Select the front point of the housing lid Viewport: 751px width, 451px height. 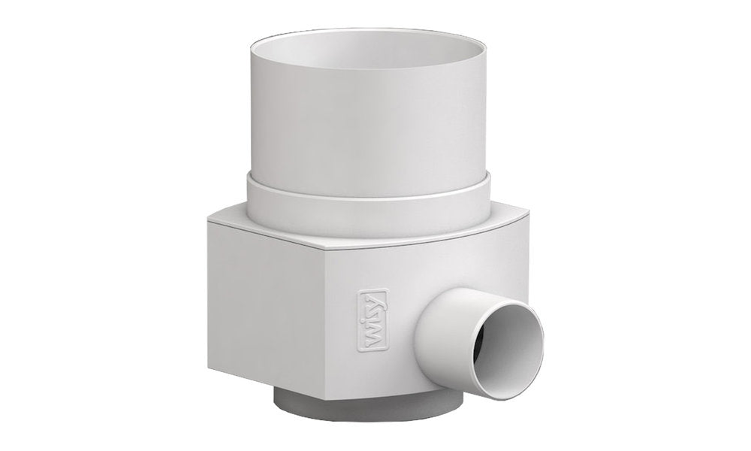330,249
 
